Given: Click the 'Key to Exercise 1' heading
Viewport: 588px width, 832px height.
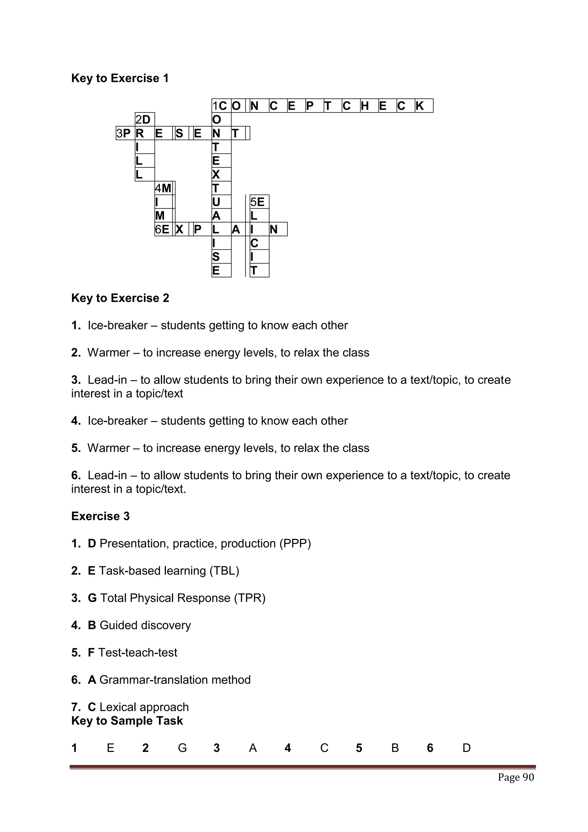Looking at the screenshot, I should click(120, 78).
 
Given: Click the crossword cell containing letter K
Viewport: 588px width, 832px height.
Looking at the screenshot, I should click(423, 106).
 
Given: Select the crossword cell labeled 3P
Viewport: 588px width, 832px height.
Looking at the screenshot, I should click(125, 133).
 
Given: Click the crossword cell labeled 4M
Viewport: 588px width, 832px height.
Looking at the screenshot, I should click(164, 188).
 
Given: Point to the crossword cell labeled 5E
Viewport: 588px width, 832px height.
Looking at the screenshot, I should click(259, 202).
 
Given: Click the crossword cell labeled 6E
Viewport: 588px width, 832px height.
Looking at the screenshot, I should click(163, 229).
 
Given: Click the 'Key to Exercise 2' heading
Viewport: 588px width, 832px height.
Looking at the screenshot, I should click(120, 298).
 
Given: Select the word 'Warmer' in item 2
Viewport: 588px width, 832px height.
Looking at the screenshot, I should click(108, 353).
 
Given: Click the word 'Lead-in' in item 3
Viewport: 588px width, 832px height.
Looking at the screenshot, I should click(107, 380).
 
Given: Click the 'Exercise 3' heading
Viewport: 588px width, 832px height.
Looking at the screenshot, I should click(100, 516).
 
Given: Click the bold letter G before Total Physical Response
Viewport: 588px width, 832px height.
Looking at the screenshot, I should click(92, 598).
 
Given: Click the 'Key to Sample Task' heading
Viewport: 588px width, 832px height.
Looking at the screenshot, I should click(127, 721).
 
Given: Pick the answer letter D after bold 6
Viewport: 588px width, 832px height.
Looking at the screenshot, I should click(466, 748).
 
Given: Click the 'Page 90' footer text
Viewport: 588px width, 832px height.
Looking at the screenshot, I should click(516, 777).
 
